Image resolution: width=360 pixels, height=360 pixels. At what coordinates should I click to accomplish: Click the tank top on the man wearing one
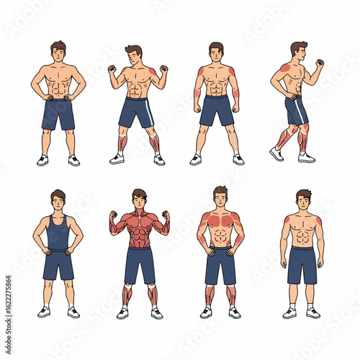pos(58,232)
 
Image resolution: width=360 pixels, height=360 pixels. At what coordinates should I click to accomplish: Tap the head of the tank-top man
pos(58,199)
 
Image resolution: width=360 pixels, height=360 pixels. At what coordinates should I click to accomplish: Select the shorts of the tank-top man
pos(58,264)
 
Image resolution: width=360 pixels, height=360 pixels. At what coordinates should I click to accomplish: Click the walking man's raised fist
pos(319,63)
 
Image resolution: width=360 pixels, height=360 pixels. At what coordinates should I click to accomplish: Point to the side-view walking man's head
pos(299,50)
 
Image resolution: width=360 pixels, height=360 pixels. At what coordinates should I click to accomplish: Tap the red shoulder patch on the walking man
pos(286,68)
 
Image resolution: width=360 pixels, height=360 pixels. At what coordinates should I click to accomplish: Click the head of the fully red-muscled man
pos(139,197)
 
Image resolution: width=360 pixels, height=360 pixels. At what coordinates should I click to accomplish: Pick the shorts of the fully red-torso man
pos(139,264)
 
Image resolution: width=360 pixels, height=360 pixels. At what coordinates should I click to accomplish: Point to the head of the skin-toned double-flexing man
pos(134,54)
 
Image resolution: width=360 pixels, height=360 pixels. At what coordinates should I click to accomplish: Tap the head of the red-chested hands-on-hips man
pos(220,196)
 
